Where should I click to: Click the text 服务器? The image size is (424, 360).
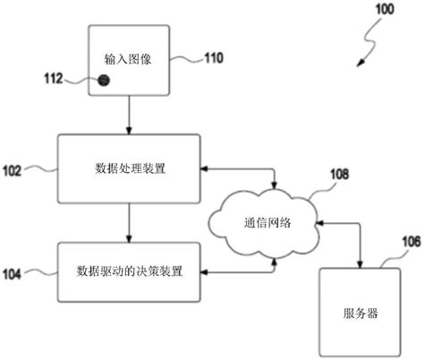pyautogui.click(x=360, y=313)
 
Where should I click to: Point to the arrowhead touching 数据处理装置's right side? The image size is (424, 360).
pyautogui.click(x=206, y=167)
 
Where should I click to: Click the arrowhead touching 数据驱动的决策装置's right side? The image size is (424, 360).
pyautogui.click(x=206, y=270)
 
